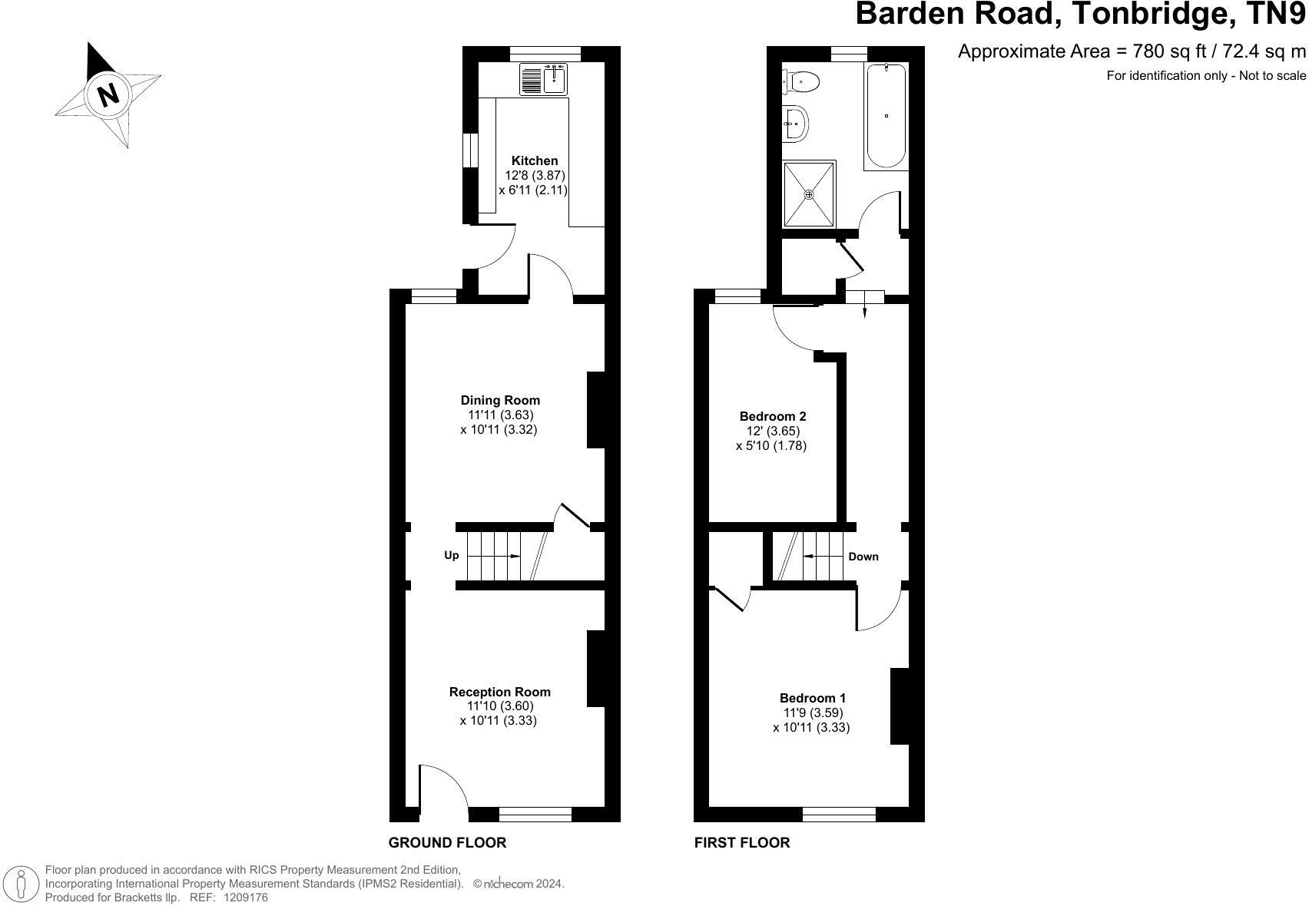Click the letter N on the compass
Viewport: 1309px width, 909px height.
108,94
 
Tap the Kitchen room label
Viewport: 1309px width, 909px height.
534,160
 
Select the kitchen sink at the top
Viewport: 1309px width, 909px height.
543,79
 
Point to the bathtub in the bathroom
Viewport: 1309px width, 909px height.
886,116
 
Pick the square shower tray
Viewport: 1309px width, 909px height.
810,194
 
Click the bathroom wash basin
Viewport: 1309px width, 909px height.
795,124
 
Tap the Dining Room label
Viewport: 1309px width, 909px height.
500,400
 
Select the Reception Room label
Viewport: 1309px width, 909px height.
499,692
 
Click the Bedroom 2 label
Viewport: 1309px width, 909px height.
773,417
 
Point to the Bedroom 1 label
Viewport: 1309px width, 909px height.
812,698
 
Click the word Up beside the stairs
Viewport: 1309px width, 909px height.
452,556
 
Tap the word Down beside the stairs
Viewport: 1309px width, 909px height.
863,557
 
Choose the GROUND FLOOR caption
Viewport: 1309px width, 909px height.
447,842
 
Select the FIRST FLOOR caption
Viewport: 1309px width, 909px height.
741,842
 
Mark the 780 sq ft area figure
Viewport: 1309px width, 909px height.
1169,51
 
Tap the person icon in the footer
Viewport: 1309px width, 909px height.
22,884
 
